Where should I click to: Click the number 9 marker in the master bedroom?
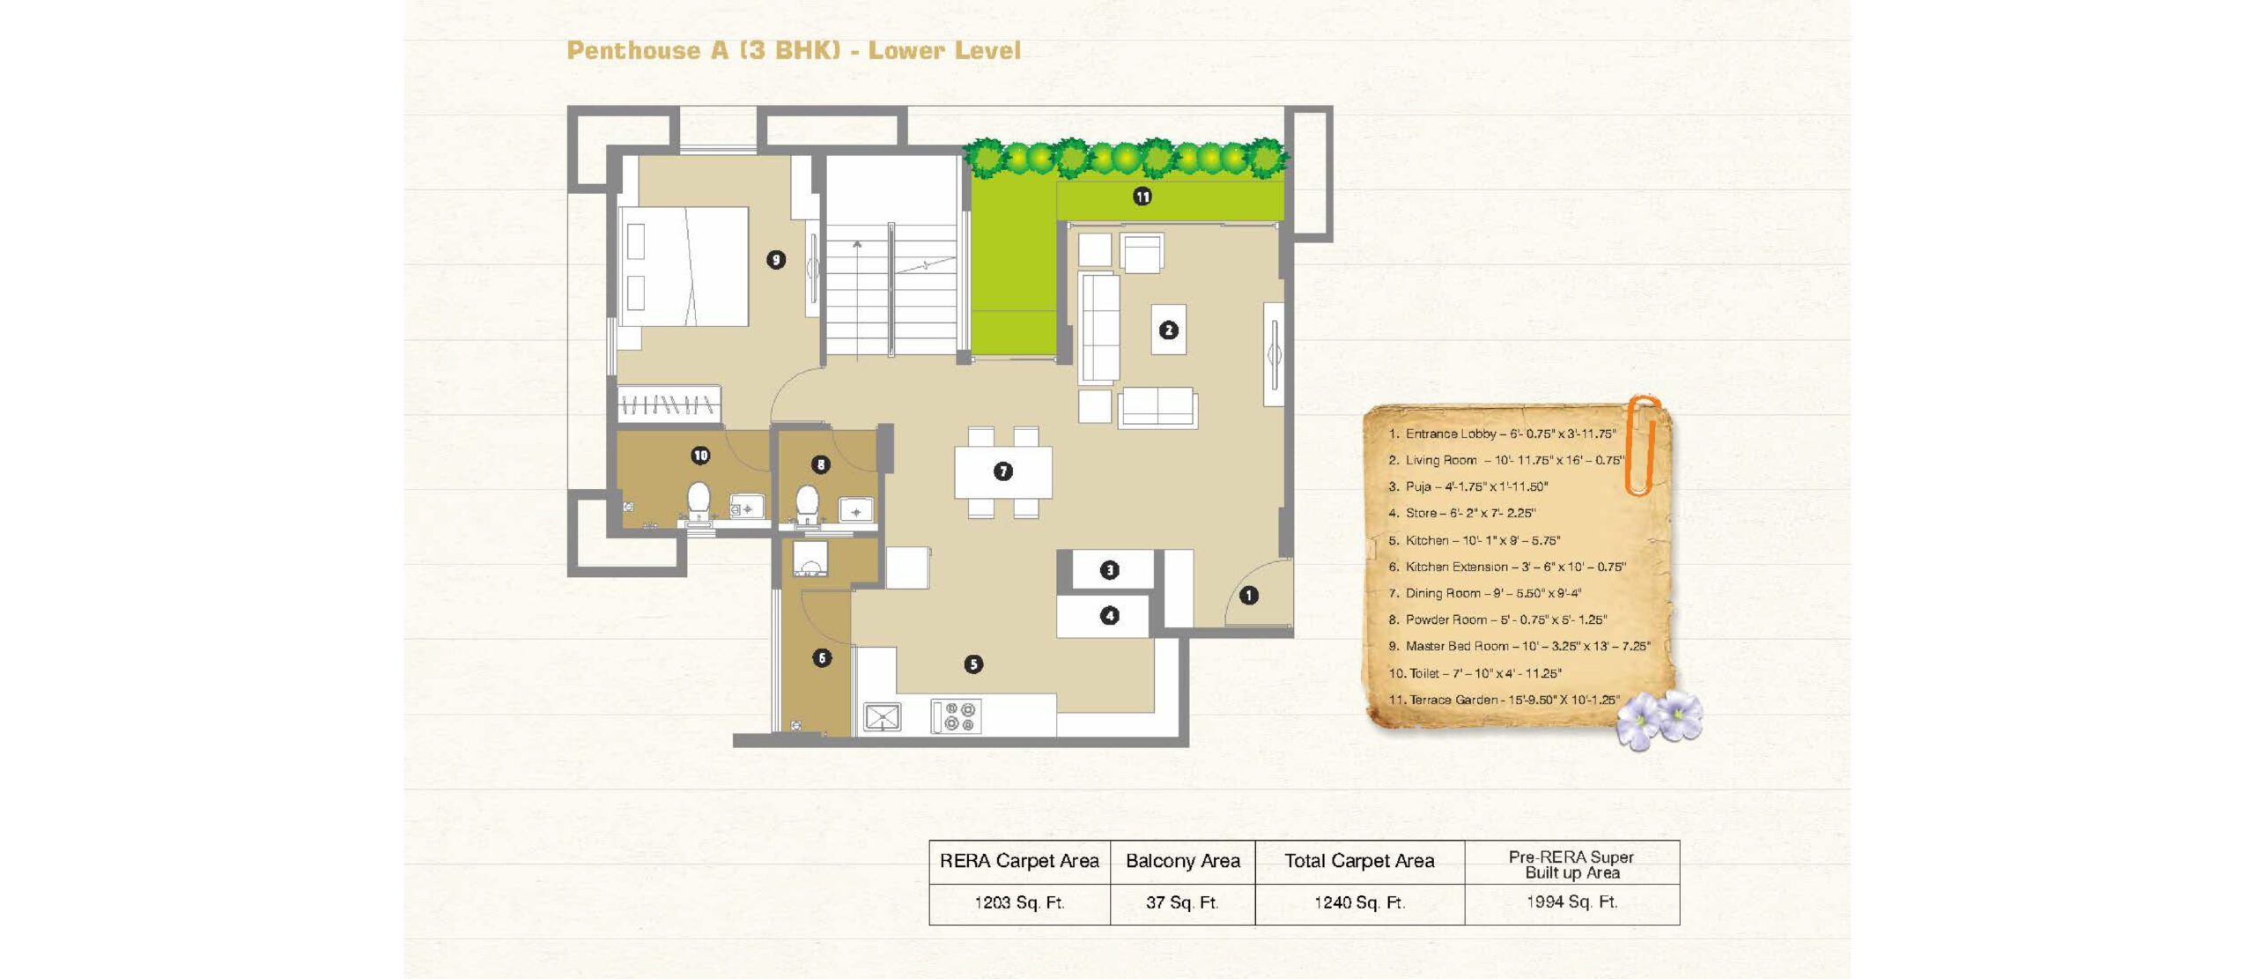(x=775, y=260)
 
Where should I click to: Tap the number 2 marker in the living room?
(x=1168, y=330)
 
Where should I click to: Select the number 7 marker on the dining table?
(x=1002, y=471)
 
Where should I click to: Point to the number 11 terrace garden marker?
(x=1142, y=197)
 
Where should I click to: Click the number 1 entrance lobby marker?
(x=1248, y=596)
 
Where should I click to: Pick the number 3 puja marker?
(x=1109, y=570)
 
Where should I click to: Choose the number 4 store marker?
(x=1109, y=616)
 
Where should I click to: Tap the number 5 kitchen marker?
(x=972, y=664)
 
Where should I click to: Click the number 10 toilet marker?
(x=700, y=456)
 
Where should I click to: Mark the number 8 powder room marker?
(x=820, y=464)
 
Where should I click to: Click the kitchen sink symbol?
(x=882, y=717)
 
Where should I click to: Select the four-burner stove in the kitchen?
(x=957, y=716)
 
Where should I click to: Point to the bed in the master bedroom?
(x=684, y=267)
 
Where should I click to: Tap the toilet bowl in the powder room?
(x=807, y=505)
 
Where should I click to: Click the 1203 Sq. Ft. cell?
(x=1019, y=903)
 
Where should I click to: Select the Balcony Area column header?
(x=1182, y=861)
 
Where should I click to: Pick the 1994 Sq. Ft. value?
(x=1571, y=902)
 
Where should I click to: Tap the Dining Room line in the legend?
(x=1484, y=593)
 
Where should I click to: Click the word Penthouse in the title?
(x=633, y=50)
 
